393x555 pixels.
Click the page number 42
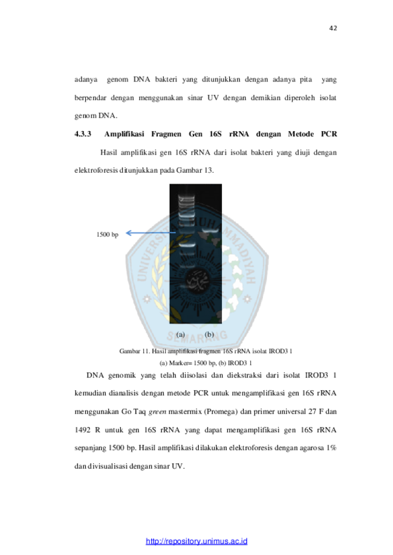333,28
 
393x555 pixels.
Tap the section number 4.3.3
83,134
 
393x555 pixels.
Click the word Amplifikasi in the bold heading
124,134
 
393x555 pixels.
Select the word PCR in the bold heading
329,134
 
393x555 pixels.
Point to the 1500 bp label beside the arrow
108,234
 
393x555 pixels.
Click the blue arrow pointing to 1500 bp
151,233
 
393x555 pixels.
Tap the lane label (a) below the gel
181,335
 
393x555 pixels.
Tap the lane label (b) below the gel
209,335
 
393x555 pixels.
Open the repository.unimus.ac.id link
197,541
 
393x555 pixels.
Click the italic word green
157,412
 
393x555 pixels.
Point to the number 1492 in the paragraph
83,430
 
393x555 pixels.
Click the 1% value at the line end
332,448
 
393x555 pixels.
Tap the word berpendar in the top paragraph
90,98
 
